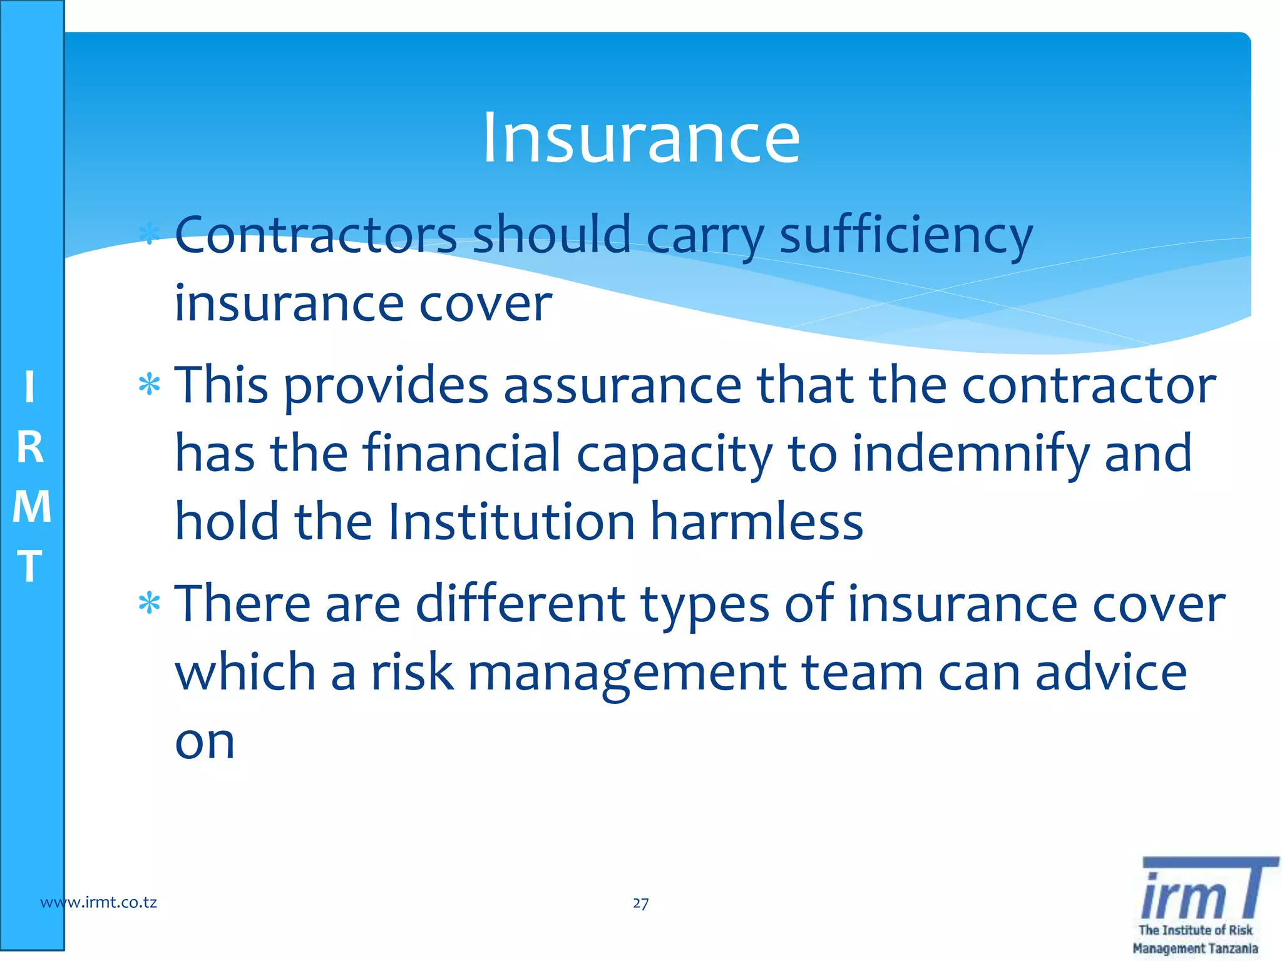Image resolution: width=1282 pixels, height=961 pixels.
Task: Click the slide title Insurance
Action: [x=641, y=138]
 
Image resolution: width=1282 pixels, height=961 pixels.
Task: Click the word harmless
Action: [x=757, y=522]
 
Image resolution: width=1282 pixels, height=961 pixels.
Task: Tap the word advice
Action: [x=1110, y=673]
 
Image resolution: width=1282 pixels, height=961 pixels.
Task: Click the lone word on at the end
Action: [x=205, y=742]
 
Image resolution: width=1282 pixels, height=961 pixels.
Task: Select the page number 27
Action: [x=640, y=903]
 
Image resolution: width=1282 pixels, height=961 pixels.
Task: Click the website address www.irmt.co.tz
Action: [x=98, y=902]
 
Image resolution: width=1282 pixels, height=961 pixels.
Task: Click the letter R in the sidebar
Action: [x=30, y=448]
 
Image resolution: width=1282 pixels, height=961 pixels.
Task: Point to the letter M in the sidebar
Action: [x=31, y=507]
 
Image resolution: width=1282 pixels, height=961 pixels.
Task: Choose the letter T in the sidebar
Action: [x=30, y=566]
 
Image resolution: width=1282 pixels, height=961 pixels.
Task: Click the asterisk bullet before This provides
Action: [x=150, y=385]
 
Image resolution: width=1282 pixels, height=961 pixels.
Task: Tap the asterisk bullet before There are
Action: [x=150, y=604]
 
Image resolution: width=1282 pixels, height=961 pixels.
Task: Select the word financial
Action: [x=461, y=453]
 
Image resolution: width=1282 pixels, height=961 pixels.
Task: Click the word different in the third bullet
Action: [x=520, y=604]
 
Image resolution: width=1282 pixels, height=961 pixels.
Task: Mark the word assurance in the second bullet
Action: [x=623, y=385]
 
